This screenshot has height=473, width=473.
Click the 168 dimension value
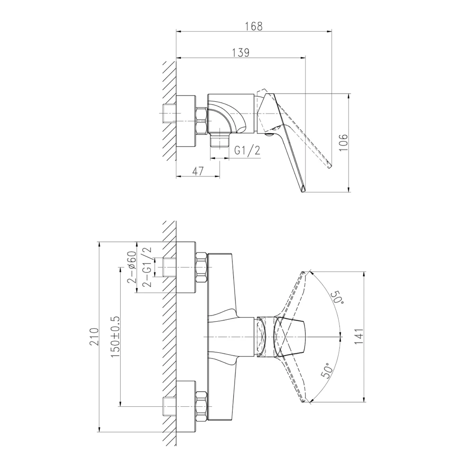tap(254, 26)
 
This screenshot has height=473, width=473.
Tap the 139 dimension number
tap(241, 53)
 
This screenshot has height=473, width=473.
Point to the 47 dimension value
tap(198, 171)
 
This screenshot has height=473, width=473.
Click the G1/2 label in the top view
tap(247, 150)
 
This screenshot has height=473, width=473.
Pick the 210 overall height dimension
tap(94, 336)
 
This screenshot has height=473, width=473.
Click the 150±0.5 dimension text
tap(115, 337)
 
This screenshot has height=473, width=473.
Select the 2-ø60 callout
tap(132, 267)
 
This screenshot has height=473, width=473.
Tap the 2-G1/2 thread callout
tap(147, 267)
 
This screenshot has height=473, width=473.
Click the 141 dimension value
tap(359, 337)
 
